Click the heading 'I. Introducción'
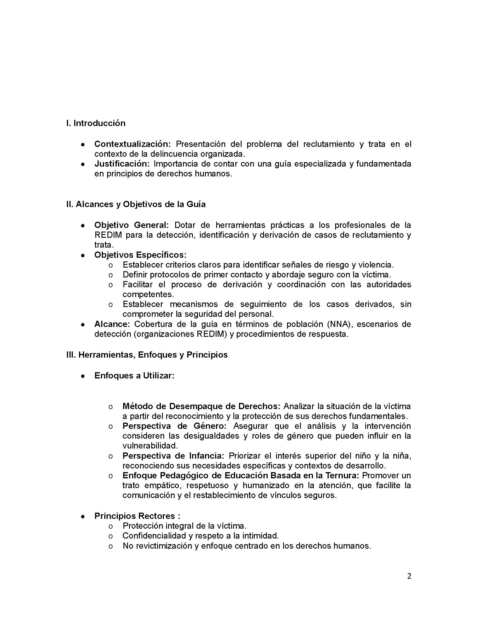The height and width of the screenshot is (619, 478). (x=96, y=123)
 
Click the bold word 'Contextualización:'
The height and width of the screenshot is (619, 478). (x=132, y=144)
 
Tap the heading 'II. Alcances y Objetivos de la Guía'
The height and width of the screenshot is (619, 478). (x=136, y=204)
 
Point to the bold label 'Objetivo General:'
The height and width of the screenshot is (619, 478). (x=131, y=225)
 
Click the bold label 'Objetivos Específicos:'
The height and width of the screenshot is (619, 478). (x=140, y=255)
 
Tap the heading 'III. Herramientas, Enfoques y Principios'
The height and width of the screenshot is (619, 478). (x=147, y=355)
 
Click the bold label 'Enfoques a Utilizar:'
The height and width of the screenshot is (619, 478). (x=134, y=376)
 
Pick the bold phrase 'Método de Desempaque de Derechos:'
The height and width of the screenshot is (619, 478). (x=201, y=406)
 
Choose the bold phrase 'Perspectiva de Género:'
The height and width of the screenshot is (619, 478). (x=174, y=426)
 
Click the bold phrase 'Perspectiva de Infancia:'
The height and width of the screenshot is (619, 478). (x=173, y=456)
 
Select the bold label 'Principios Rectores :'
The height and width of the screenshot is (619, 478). (x=137, y=516)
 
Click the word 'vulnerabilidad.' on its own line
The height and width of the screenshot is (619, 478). (x=150, y=446)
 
